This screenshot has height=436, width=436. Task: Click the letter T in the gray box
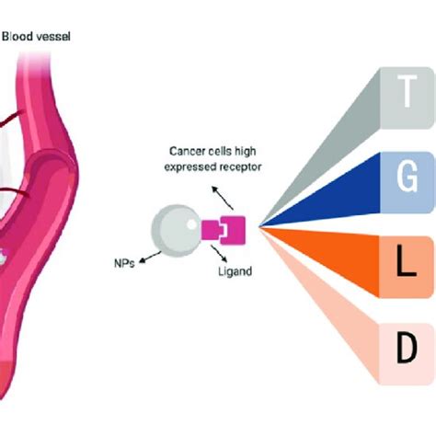(x=406, y=92)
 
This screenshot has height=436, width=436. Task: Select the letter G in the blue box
(x=406, y=176)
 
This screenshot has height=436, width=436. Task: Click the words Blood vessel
(x=38, y=37)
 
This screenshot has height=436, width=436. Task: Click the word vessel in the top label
(x=54, y=37)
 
